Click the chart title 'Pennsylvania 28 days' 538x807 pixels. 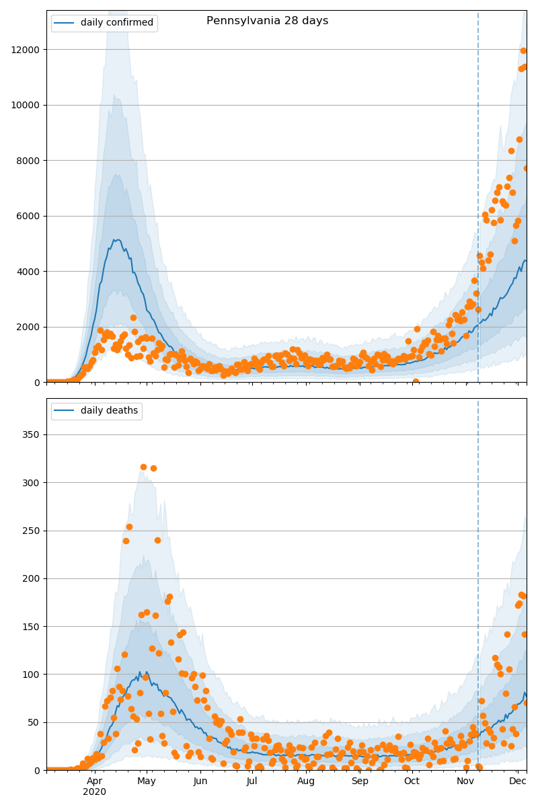click(x=267, y=21)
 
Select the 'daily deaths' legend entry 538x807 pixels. click(x=109, y=411)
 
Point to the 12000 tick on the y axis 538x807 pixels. click(x=26, y=50)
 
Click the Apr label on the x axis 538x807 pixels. click(x=94, y=781)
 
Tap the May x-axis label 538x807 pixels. click(x=146, y=781)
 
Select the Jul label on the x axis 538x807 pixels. click(x=252, y=781)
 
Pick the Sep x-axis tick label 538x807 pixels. click(x=360, y=781)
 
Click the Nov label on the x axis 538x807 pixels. click(x=465, y=781)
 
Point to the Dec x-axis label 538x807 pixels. click(x=517, y=781)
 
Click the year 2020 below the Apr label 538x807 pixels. click(x=94, y=792)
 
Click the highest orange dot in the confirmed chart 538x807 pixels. click(x=523, y=50)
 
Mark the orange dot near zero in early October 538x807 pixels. click(x=416, y=381)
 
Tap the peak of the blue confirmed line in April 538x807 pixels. click(x=118, y=239)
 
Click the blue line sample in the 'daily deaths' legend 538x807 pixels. click(x=65, y=411)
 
